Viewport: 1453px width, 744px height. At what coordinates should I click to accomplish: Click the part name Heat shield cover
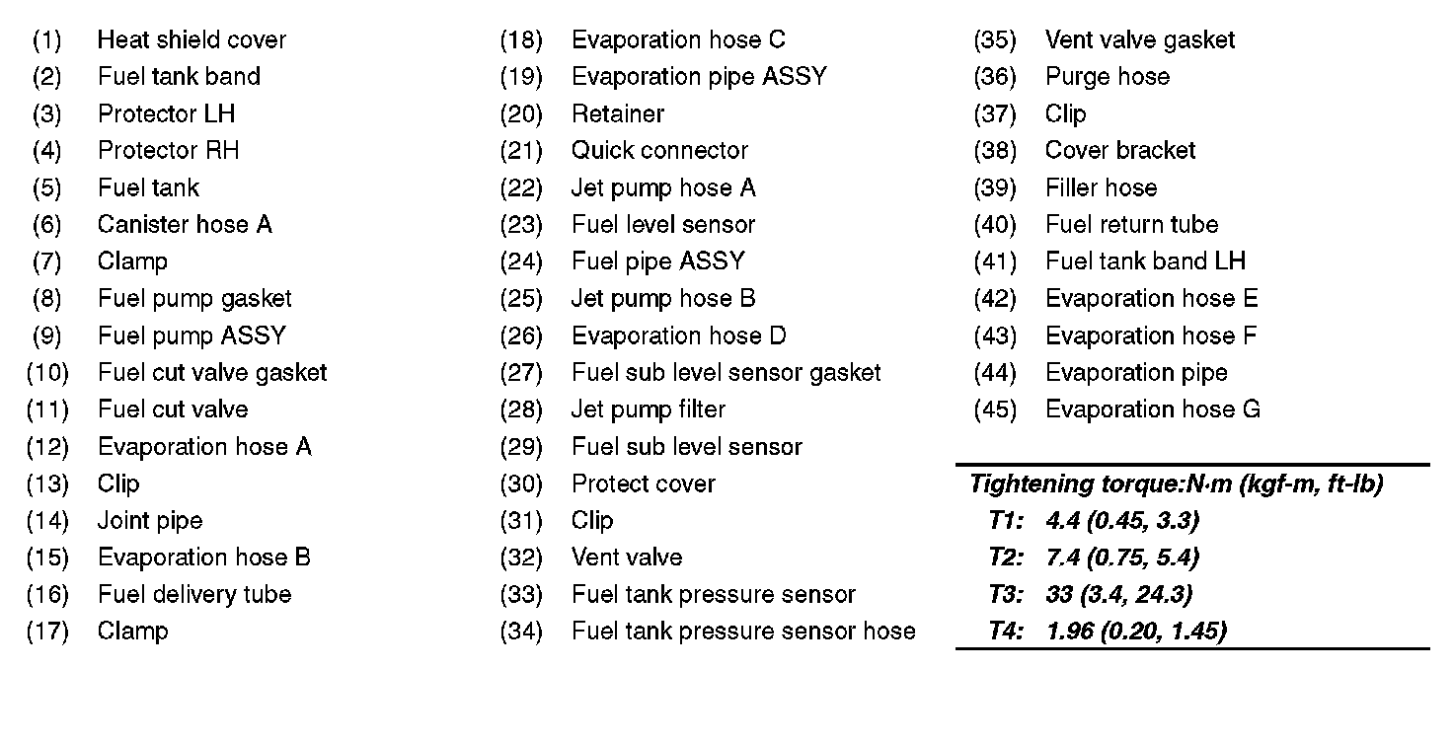[191, 40]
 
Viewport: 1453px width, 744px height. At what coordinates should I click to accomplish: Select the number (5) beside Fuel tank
[46, 188]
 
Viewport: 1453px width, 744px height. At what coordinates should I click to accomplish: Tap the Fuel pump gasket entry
[194, 299]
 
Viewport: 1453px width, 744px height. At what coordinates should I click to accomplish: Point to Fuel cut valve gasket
[212, 373]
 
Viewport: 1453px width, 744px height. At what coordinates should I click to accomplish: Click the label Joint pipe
[150, 521]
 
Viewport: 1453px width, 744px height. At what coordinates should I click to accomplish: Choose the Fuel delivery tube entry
[194, 595]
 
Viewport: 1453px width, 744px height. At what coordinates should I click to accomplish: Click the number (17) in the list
[47, 632]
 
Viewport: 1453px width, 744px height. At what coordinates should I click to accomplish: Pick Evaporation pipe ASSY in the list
[699, 77]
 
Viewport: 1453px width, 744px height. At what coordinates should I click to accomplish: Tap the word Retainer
[618, 114]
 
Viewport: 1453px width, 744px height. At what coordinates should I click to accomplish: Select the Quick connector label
[659, 151]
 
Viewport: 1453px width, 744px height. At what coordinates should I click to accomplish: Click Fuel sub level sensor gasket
[726, 373]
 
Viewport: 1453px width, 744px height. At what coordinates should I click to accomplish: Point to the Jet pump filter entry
[649, 409]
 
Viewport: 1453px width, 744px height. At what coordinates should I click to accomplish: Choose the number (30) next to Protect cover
[521, 484]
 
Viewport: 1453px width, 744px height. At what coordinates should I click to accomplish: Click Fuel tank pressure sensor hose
[743, 632]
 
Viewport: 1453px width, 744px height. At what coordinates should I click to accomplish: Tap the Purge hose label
[1108, 77]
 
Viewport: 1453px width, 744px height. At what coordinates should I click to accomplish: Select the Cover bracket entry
[1120, 151]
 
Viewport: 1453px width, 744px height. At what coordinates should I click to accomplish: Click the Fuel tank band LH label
[1145, 261]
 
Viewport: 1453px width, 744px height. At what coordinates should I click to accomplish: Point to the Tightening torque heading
[1176, 484]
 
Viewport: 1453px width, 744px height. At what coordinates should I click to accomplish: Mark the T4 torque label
[1006, 632]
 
